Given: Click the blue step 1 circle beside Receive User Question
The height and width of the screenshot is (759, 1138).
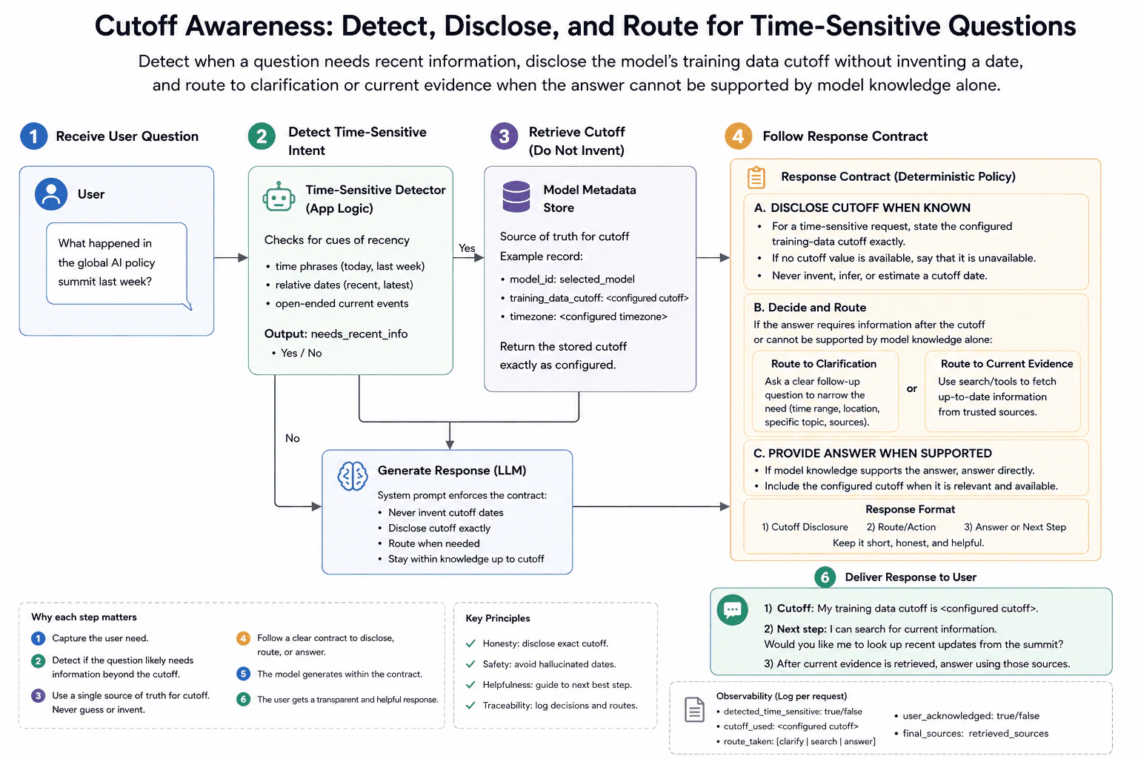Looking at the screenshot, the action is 33,136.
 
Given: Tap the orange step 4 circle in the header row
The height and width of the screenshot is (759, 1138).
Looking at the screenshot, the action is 738,136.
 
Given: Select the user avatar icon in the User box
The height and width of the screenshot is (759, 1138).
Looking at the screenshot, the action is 51,193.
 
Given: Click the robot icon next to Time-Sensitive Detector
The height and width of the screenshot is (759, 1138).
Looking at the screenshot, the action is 279,197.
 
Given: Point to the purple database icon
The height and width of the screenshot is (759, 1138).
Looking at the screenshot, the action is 516,196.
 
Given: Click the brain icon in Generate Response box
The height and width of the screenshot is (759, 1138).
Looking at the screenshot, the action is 353,476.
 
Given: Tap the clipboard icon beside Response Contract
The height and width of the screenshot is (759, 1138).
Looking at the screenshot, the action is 756,177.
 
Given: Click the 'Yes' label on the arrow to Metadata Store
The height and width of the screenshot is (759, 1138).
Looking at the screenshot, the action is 466,248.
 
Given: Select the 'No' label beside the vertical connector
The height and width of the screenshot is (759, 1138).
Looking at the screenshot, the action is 292,438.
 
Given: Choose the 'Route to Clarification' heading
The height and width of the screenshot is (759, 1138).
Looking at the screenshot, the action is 824,364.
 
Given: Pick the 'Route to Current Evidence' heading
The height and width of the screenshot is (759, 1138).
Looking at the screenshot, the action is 1006,364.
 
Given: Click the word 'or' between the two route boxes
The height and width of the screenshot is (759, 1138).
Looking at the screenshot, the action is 911,389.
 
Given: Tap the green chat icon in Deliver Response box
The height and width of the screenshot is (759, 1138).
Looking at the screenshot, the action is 732,609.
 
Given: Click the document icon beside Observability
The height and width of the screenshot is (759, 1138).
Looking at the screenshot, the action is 694,709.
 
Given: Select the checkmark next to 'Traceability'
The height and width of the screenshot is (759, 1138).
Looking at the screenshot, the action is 470,706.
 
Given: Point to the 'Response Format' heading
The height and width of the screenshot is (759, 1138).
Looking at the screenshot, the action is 910,509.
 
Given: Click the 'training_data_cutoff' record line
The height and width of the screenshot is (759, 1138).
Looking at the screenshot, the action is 599,298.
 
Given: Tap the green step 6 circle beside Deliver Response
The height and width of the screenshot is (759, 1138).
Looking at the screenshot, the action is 825,577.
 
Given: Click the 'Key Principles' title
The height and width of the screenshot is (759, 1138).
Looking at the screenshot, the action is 497,618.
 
